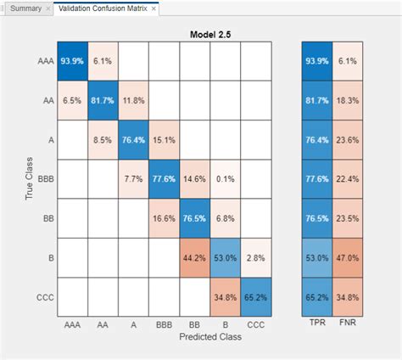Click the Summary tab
click(x=25, y=8)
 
